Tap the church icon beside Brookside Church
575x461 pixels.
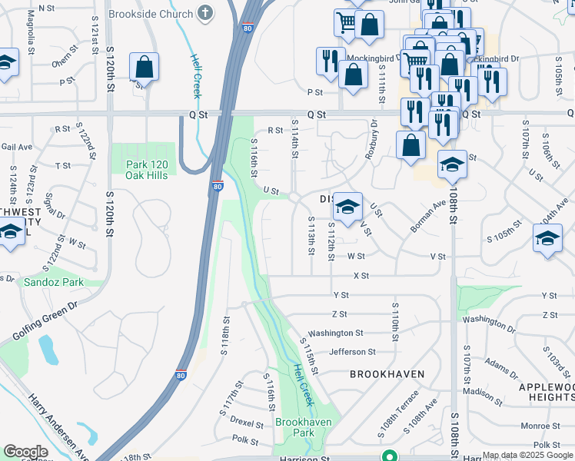[204, 13]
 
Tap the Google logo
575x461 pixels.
[25, 452]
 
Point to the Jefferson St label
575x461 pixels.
[351, 352]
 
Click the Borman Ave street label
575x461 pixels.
[428, 215]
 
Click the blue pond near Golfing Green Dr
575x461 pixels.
[47, 350]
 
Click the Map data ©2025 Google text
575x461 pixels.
[527, 455]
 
